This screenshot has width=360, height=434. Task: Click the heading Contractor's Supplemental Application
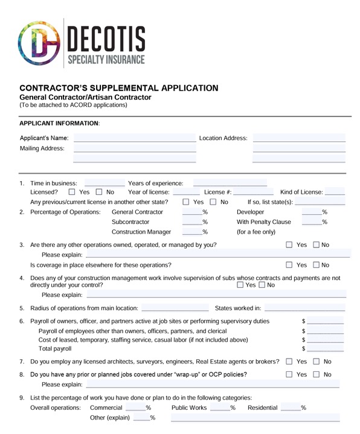tap(119, 88)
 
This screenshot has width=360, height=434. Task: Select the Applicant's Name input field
tap(134, 138)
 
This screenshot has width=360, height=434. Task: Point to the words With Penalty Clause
tap(263, 222)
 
